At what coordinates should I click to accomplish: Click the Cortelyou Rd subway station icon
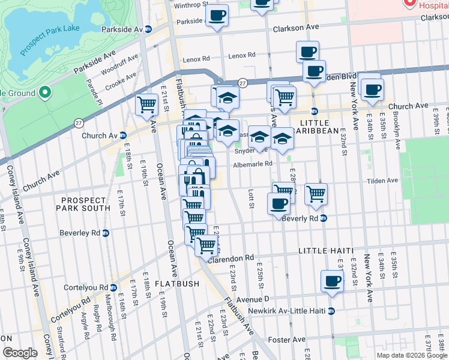pyautogui.click(x=112, y=287)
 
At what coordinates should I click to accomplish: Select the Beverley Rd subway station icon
pyautogui.click(x=106, y=233)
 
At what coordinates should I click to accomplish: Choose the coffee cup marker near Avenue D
pyautogui.click(x=333, y=281)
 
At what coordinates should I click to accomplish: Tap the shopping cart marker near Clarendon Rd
pyautogui.click(x=206, y=245)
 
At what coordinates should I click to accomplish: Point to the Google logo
pyautogui.click(x=19, y=353)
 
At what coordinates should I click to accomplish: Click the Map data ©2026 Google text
pyautogui.click(x=412, y=355)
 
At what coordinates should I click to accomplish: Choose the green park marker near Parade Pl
pyautogui.click(x=44, y=93)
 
